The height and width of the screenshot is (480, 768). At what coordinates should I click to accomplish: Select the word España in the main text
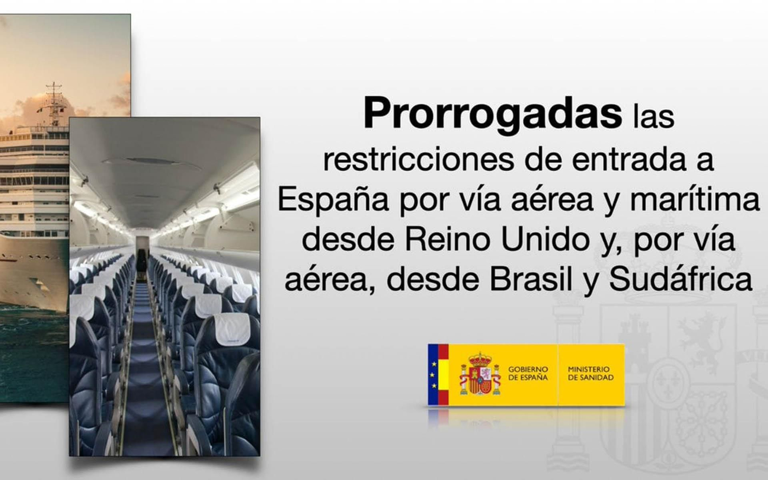[x=333, y=202]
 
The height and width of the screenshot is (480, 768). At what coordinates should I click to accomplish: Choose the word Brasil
[x=531, y=280]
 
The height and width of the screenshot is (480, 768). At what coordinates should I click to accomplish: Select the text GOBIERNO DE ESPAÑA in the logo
[x=528, y=373]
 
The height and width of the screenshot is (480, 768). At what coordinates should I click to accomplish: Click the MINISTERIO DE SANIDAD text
[x=591, y=373]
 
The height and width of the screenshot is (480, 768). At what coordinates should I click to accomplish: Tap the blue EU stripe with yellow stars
[x=433, y=374]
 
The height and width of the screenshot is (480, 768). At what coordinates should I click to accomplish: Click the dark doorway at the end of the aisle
[x=141, y=261]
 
